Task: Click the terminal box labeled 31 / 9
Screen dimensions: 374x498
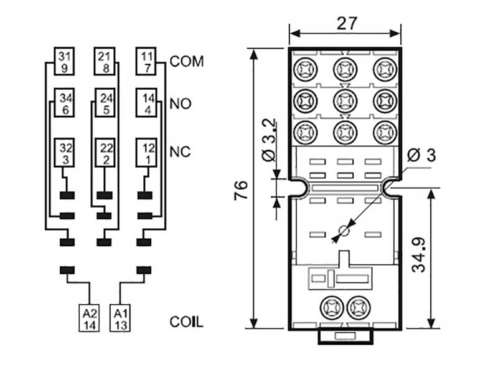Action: click(64, 62)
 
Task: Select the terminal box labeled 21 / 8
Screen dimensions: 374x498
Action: click(104, 62)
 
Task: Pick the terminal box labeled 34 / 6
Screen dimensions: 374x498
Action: click(64, 103)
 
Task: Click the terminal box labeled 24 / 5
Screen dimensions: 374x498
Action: click(104, 103)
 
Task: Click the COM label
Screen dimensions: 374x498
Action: click(187, 62)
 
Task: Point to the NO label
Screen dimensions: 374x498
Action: click(180, 103)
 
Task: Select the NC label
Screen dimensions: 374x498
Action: click(180, 152)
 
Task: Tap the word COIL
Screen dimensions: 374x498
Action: click(186, 322)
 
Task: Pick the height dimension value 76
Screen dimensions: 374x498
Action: click(241, 190)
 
